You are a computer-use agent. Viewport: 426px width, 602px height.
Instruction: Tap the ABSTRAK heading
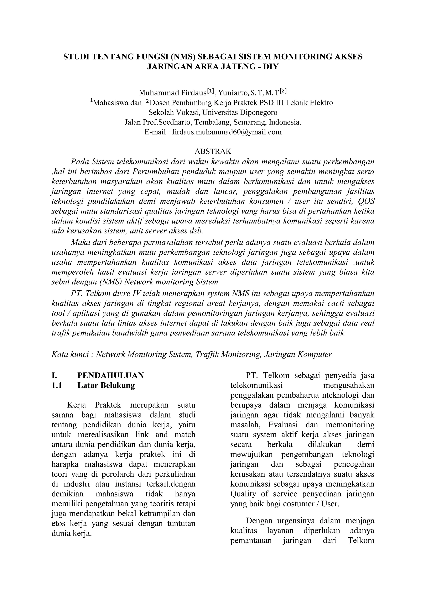click(x=213, y=151)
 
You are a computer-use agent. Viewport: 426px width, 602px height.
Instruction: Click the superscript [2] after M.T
click(x=283, y=91)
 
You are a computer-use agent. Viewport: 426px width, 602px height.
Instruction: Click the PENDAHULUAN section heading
click(x=110, y=375)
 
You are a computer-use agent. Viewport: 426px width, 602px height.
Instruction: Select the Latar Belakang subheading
click(x=106, y=385)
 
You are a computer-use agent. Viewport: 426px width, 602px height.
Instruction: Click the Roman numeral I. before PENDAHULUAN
click(x=54, y=375)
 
